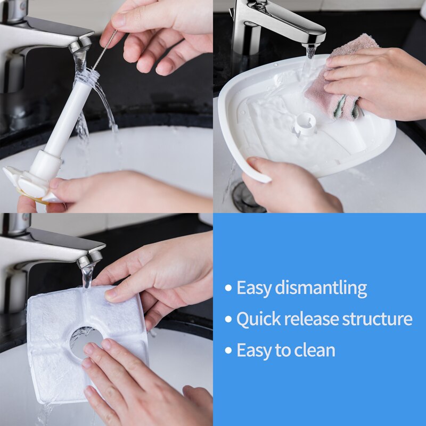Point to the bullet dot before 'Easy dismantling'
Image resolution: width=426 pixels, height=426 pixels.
(x=228, y=289)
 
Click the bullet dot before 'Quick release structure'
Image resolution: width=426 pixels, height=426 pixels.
(x=228, y=319)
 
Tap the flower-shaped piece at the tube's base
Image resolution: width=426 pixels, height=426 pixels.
(x=27, y=184)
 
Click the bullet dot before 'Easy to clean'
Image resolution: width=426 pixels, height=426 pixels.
(x=228, y=350)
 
